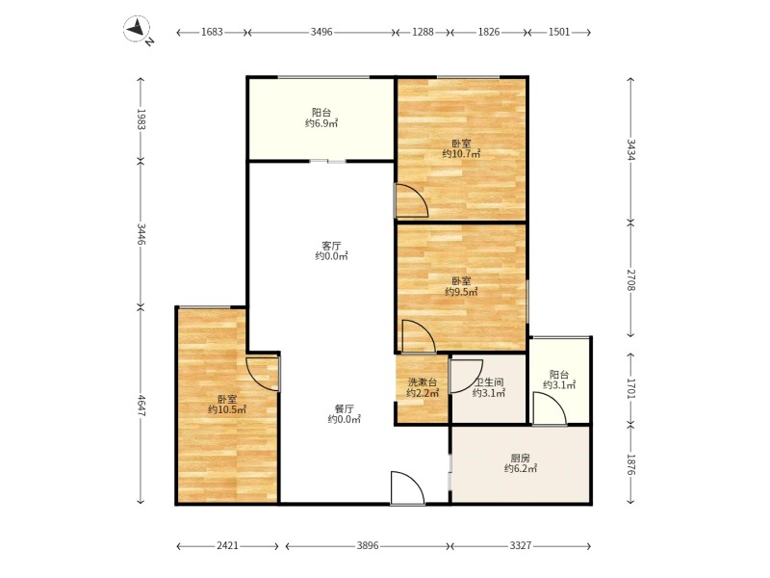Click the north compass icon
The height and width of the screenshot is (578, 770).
click(137, 29)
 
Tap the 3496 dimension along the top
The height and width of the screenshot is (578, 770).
click(321, 33)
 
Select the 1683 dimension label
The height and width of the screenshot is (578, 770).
click(212, 33)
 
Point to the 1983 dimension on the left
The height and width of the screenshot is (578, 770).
click(141, 119)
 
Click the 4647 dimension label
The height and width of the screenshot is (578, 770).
click(141, 406)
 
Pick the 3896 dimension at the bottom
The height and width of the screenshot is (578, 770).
click(368, 545)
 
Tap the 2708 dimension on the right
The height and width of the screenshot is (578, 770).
click(631, 279)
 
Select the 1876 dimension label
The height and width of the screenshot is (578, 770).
click(631, 464)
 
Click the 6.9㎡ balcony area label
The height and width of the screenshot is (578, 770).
click(321, 123)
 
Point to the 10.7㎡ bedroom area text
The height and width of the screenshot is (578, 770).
click(461, 154)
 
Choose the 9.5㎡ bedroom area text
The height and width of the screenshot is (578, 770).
click(461, 292)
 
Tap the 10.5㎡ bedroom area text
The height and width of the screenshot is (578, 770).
click(227, 409)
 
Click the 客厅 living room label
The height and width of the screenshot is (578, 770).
click(331, 246)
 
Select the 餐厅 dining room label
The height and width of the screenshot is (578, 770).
click(345, 408)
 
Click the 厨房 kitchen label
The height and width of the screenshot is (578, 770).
click(520, 459)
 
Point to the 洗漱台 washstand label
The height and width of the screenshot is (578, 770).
click(423, 382)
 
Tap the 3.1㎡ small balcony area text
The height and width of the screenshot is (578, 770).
click(559, 385)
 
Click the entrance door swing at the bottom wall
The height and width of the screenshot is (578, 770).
click(407, 488)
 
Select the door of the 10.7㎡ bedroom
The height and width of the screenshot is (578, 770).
click(412, 200)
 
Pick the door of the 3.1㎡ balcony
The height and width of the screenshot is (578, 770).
click(550, 408)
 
